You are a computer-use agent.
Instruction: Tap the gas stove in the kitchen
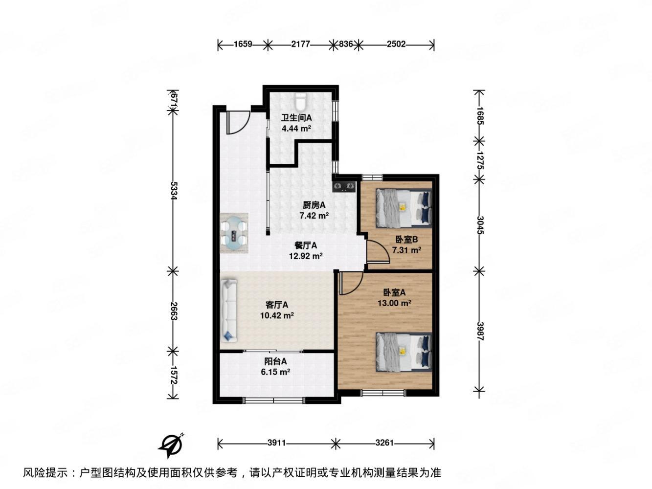pyautogui.click(x=344, y=186)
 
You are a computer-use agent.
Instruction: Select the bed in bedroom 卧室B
pyautogui.click(x=404, y=208)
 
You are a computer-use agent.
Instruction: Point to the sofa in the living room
pyautogui.click(x=229, y=310)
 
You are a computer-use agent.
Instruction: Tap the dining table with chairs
pyautogui.click(x=234, y=233)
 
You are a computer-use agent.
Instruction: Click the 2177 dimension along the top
pyautogui.click(x=300, y=44)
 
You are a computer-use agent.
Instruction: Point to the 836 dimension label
pyautogui.click(x=346, y=44)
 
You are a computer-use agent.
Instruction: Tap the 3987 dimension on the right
pyautogui.click(x=480, y=332)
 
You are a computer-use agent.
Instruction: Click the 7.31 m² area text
pyautogui.click(x=406, y=250)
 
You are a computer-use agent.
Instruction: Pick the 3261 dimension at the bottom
pyautogui.click(x=385, y=444)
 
